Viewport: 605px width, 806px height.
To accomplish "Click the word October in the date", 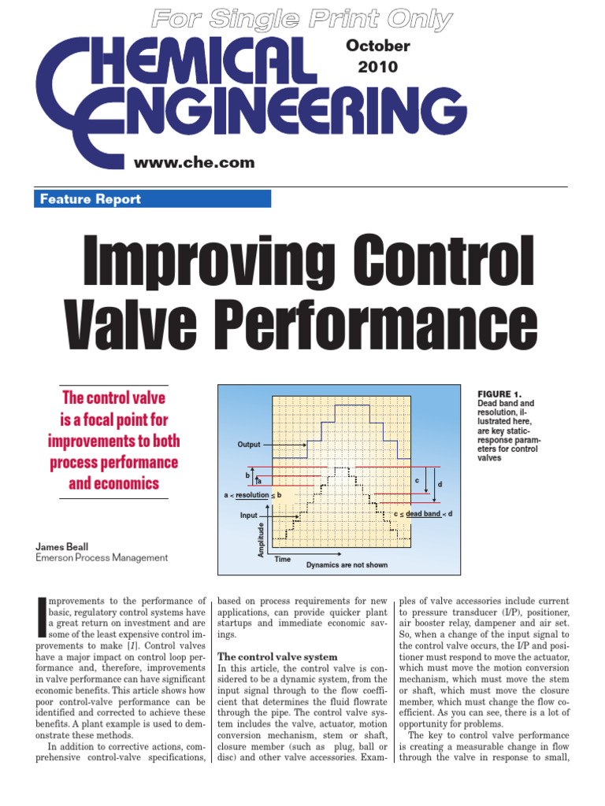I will pos(378,46).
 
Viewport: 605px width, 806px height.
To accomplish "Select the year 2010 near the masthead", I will pos(378,67).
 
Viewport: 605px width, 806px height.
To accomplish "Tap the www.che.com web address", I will pos(195,163).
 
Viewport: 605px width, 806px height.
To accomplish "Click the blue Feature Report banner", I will pos(153,199).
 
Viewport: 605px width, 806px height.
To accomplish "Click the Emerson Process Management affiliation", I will pos(102,557).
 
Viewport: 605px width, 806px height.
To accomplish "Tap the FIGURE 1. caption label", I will pos(499,394).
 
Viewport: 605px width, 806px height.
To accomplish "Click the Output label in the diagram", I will pos(249,445).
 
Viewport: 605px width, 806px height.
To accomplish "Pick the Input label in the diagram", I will pos(249,516).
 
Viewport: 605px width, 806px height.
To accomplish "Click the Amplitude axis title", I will pos(262,540).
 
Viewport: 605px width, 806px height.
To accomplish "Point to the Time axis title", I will pos(282,560).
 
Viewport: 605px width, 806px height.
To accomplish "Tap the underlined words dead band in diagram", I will pos(423,514).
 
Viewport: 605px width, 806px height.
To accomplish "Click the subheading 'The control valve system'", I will pos(277,656).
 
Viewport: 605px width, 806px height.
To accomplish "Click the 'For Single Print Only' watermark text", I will pos(302,17).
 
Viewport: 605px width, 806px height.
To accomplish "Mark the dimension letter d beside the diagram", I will pos(440,483).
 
